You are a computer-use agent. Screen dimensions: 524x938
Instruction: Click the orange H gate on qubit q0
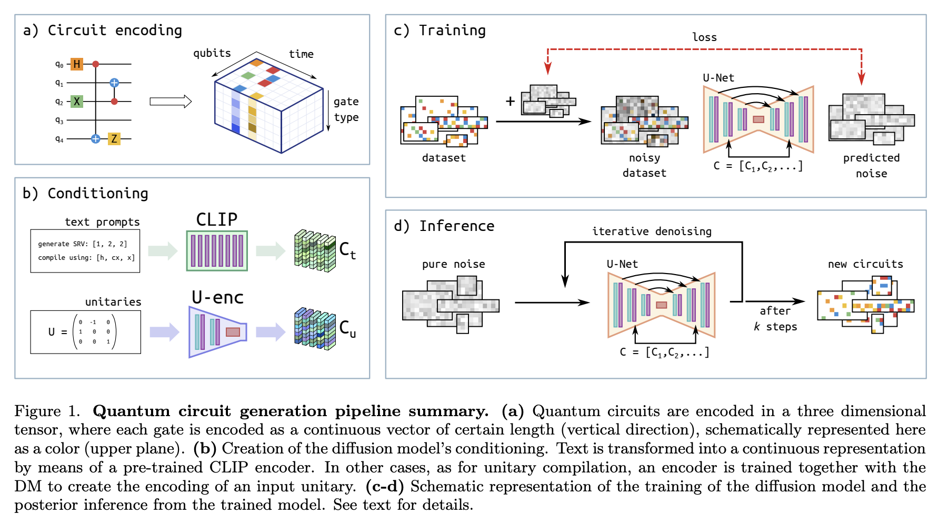(x=77, y=64)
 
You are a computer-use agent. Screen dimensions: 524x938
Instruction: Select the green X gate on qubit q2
(x=77, y=102)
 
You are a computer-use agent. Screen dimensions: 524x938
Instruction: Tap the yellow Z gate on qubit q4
(x=114, y=139)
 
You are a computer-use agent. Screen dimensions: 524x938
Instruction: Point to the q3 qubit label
(x=59, y=120)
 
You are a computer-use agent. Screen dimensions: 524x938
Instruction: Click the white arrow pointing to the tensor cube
(x=170, y=102)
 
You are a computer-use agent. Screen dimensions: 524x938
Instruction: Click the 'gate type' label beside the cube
(x=346, y=109)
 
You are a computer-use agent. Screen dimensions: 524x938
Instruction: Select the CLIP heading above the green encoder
(x=216, y=219)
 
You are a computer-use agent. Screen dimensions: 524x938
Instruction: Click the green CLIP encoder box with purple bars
(x=216, y=251)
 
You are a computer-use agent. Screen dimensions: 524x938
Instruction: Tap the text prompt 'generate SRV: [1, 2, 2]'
(x=82, y=244)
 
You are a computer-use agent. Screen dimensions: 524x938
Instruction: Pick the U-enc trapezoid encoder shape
(x=216, y=332)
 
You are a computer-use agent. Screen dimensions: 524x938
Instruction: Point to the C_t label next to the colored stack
(x=347, y=250)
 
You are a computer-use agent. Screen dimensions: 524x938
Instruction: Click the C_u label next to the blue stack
(x=347, y=329)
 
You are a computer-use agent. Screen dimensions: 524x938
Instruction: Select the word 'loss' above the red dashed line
(x=704, y=37)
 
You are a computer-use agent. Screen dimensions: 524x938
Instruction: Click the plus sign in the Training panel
(x=510, y=101)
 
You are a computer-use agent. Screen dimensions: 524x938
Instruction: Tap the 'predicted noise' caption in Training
(x=871, y=165)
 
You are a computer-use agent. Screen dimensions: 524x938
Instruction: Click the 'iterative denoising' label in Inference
(x=652, y=231)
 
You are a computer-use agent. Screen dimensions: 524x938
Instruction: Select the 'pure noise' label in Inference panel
(x=453, y=264)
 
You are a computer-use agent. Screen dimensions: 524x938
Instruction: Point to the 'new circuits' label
(x=865, y=264)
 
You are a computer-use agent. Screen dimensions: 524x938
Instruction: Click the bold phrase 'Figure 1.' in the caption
(x=47, y=411)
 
